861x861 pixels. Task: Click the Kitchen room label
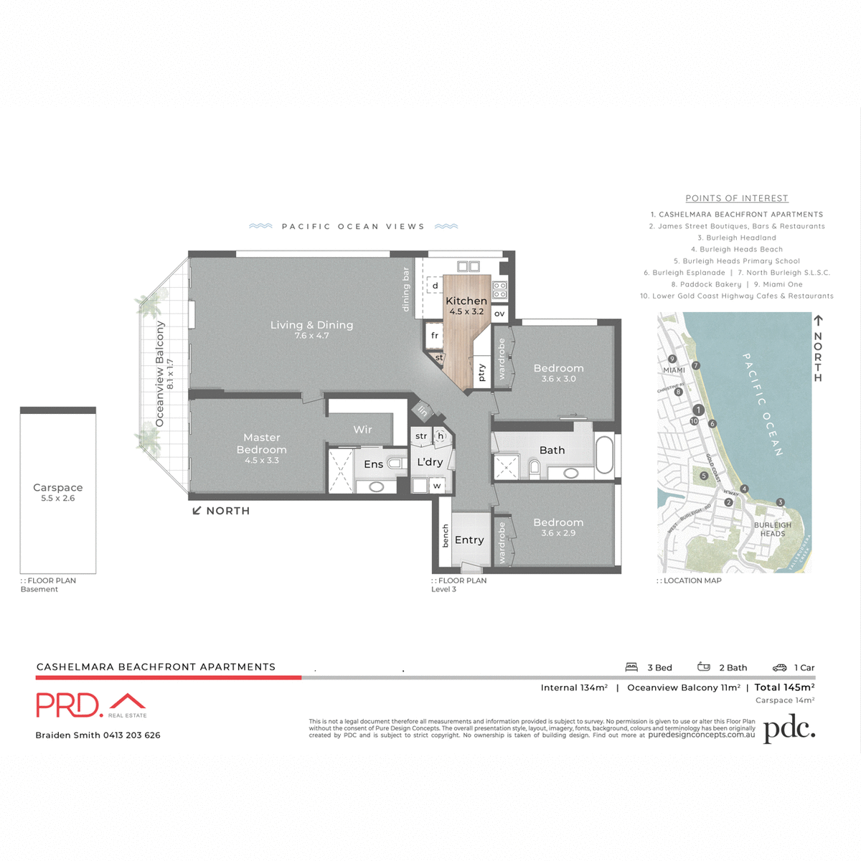(x=466, y=301)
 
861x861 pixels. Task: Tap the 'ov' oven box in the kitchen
(x=499, y=314)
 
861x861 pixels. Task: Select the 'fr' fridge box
(x=434, y=335)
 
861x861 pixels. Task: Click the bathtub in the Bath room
(x=604, y=455)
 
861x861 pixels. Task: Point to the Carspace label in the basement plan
(x=58, y=488)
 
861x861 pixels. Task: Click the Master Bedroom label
(x=261, y=443)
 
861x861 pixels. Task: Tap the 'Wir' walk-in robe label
(x=362, y=430)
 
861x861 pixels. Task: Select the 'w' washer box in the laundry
(x=436, y=486)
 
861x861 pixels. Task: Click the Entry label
(x=469, y=540)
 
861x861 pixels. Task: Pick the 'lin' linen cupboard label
(x=423, y=411)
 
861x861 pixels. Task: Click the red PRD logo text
(x=68, y=705)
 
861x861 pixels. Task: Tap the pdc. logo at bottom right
(x=789, y=730)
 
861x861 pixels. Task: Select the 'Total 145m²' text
(x=784, y=687)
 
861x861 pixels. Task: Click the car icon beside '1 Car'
(x=779, y=667)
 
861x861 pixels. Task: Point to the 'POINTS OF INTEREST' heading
(x=736, y=199)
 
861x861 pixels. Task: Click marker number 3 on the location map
(x=780, y=502)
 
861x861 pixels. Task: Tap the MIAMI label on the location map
(x=674, y=370)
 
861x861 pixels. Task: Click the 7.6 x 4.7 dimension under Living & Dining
(x=311, y=336)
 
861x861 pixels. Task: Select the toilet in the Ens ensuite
(x=394, y=464)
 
